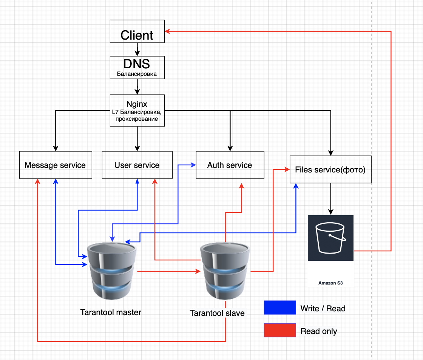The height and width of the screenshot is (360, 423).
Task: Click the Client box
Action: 137,32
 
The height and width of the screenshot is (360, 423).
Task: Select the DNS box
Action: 137,68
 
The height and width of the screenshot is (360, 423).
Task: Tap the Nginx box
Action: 137,111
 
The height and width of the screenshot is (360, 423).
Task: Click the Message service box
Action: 55,165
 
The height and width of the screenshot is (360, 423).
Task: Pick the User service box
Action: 137,165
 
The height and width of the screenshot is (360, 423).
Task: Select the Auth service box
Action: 230,165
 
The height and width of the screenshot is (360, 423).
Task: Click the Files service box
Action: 330,169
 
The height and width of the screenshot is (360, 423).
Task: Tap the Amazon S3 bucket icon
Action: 330,238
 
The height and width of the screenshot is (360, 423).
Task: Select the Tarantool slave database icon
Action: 225,270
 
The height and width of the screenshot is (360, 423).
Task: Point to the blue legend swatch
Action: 279,308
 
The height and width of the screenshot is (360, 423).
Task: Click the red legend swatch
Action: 279,331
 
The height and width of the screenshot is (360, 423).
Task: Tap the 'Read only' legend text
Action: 319,331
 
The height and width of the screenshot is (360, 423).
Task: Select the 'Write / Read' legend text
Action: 323,308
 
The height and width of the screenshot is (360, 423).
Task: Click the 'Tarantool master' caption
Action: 111,312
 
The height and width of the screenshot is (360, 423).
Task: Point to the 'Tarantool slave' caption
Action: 217,313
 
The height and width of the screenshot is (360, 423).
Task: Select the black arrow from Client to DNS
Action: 137,49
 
